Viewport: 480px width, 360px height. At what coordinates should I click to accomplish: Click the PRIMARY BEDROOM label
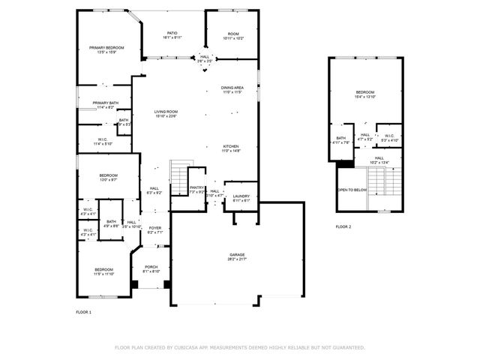(106, 47)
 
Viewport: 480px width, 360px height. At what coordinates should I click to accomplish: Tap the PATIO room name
(172, 33)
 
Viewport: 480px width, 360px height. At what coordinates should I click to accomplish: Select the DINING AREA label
(232, 88)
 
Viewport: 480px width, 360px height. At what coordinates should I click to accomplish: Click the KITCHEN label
(230, 146)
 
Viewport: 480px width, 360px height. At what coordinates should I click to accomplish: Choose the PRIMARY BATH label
(106, 103)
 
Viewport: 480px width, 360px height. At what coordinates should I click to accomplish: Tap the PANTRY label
(196, 188)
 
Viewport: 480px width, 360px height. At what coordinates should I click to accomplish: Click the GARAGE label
(237, 255)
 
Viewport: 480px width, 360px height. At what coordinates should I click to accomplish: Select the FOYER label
(154, 228)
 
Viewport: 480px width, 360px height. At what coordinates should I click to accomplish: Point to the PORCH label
(151, 267)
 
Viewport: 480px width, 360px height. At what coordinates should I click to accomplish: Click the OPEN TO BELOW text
(352, 190)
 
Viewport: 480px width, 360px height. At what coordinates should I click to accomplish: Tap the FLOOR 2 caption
(343, 226)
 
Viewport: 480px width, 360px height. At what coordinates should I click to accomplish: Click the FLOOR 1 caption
(83, 311)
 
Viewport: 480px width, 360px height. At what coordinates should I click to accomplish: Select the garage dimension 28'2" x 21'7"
(237, 259)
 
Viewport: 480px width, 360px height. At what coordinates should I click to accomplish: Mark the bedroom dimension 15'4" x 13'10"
(364, 97)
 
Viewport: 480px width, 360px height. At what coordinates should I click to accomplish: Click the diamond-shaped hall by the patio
(204, 59)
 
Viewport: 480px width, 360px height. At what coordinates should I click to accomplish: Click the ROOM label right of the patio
(233, 33)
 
